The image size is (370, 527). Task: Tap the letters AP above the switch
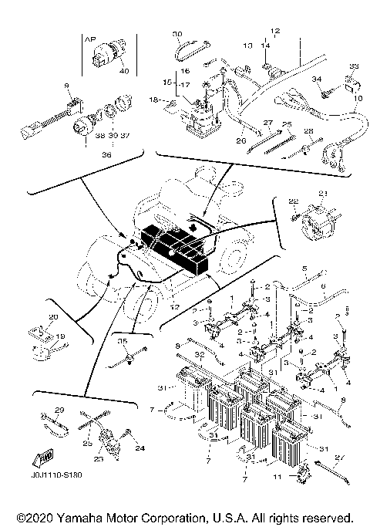tap(89, 37)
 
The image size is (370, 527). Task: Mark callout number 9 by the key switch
tap(67, 84)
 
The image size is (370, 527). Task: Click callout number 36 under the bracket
tap(96, 154)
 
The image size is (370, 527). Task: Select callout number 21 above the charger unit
tap(323, 193)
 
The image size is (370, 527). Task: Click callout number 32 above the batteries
tap(200, 355)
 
